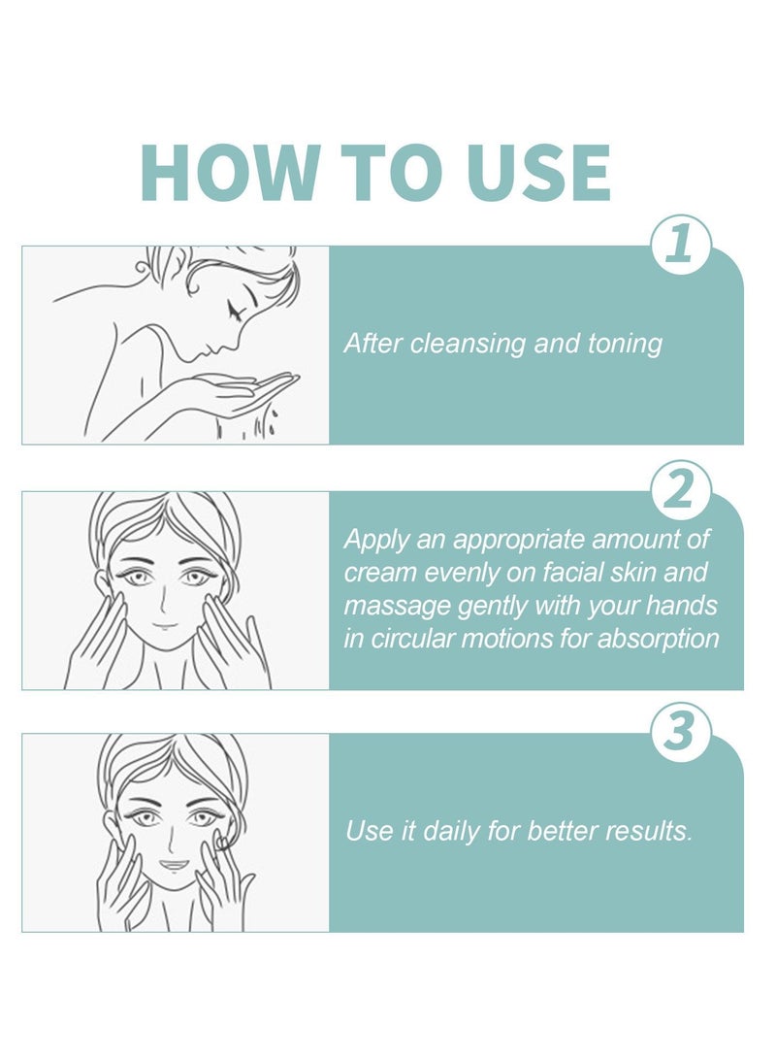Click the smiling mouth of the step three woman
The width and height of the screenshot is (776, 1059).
pyautogui.click(x=172, y=863)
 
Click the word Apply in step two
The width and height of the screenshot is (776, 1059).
pyautogui.click(x=373, y=540)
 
